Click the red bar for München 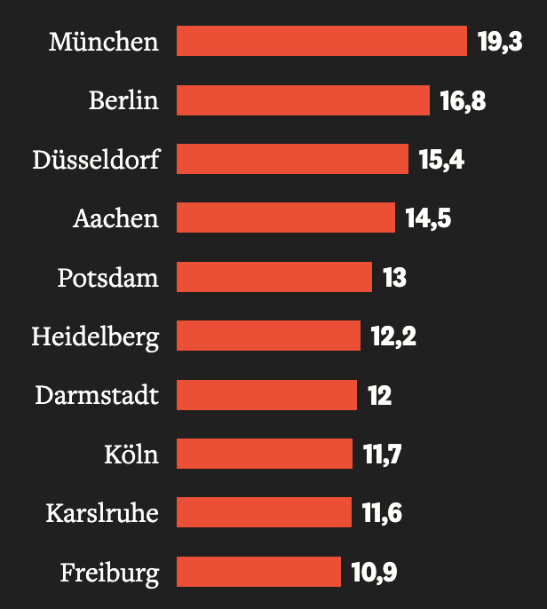tap(321, 41)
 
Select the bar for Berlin tap(303, 100)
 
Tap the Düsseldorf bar tap(292, 159)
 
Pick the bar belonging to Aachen tap(285, 217)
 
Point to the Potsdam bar tap(274, 277)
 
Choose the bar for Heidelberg tap(268, 336)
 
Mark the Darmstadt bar tap(266, 394)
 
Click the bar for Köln tap(265, 454)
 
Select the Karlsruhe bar tap(264, 512)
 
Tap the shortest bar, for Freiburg tap(258, 572)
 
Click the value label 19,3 tap(500, 42)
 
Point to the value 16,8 tap(463, 100)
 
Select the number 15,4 tap(441, 160)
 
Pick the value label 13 tap(394, 278)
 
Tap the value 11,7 tap(383, 455)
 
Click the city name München tap(104, 42)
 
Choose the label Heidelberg tap(95, 337)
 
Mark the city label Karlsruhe tap(102, 513)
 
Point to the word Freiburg tap(109, 573)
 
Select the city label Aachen tap(115, 218)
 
